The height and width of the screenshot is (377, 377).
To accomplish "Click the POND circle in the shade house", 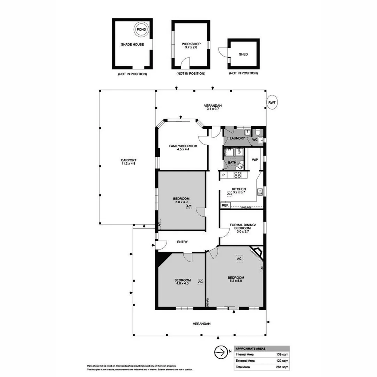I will tap(141, 30).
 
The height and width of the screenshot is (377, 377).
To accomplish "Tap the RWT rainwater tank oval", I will tap(272, 102).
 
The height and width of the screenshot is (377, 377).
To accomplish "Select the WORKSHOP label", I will tap(191, 44).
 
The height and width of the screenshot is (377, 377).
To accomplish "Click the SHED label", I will tap(243, 54).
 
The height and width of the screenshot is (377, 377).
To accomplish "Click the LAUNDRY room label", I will tap(237, 139).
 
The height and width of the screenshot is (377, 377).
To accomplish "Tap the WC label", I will tap(254, 140).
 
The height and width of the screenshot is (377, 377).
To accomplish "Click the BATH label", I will tap(232, 162).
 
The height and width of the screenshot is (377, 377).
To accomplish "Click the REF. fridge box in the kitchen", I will tap(225, 206).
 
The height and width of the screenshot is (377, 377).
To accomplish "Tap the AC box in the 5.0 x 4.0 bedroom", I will tap(188, 206).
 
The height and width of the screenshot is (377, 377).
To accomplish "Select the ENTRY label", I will tap(182, 242).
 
